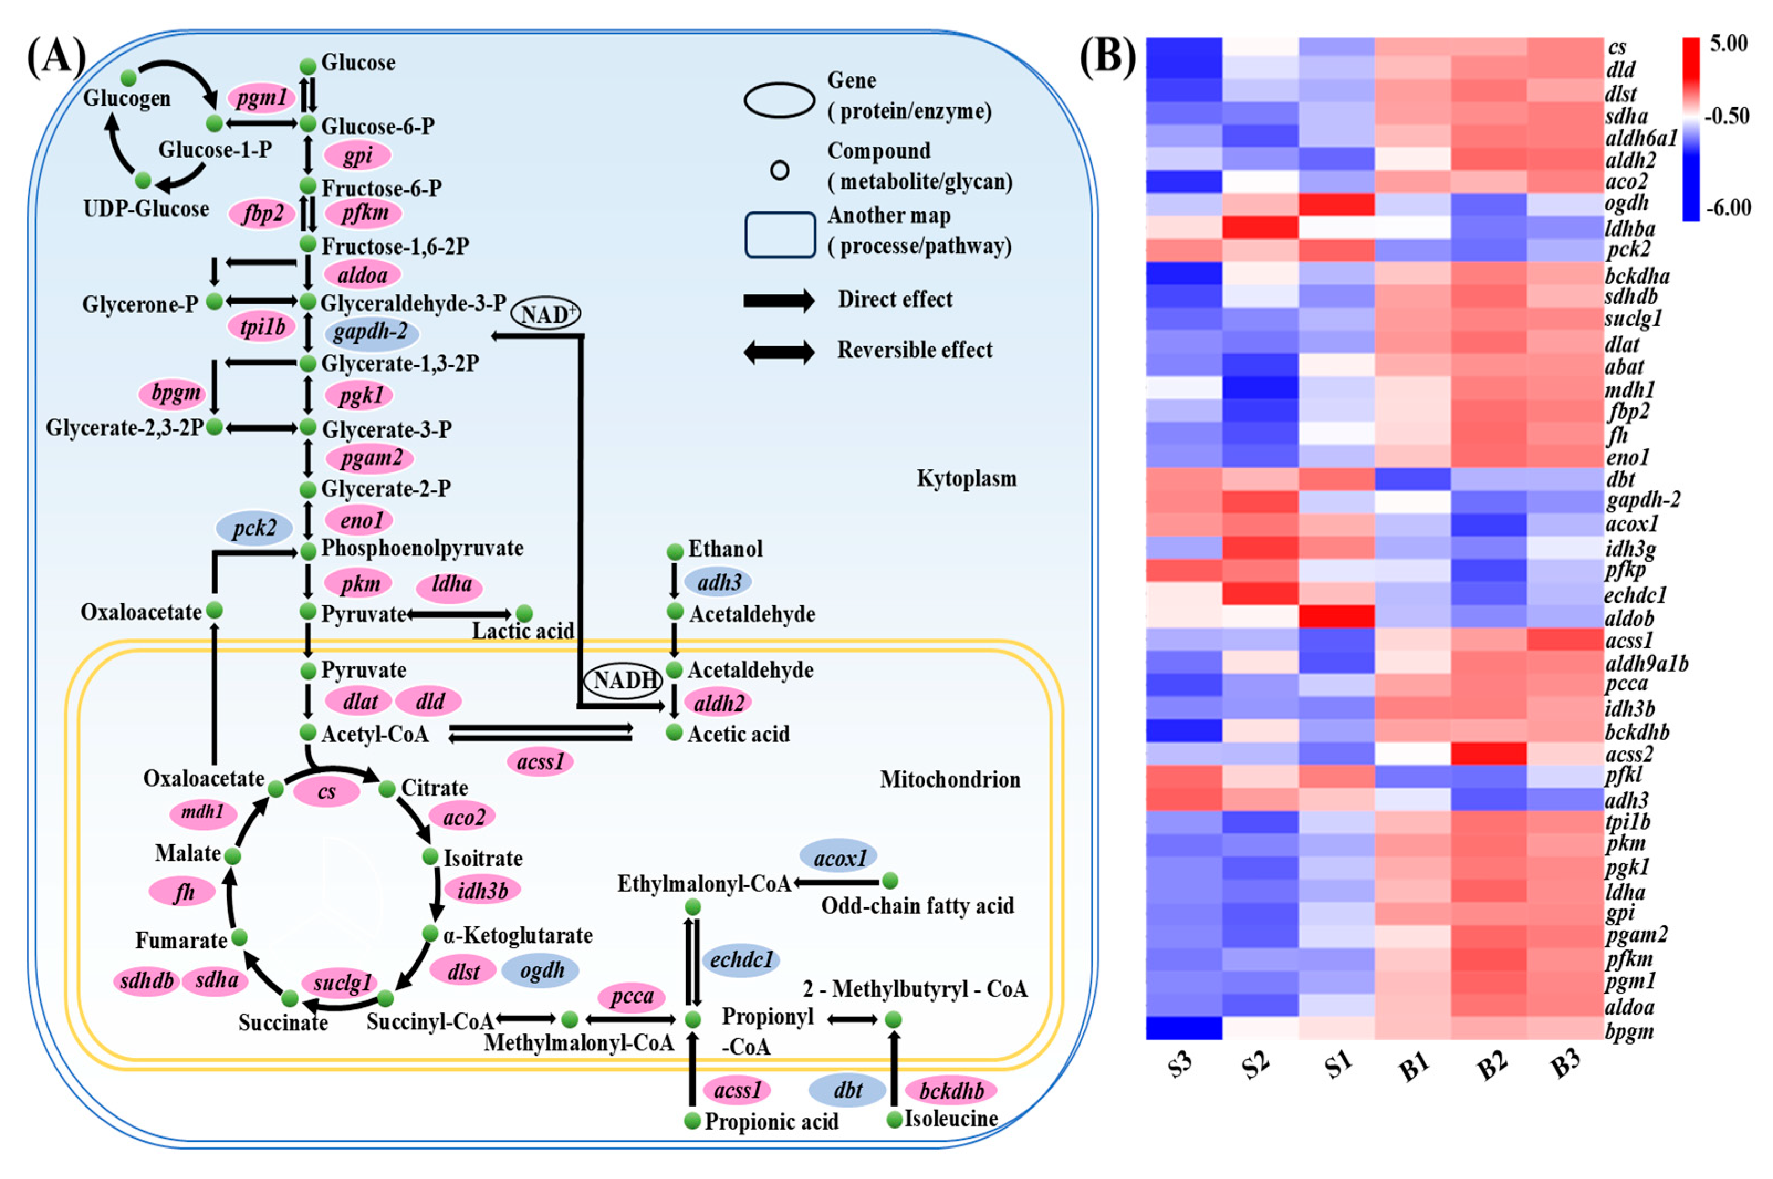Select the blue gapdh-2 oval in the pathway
tap(371, 333)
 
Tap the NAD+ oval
tap(545, 314)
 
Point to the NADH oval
tap(622, 681)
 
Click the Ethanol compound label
tap(724, 549)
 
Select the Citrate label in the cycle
tap(435, 787)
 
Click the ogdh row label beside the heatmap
tap(1626, 203)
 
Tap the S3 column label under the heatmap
tap(1181, 1066)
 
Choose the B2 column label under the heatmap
tap(1490, 1066)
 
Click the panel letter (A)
tap(56, 57)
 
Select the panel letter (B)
tap(1107, 57)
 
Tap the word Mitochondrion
tap(950, 779)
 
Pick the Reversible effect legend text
tap(915, 350)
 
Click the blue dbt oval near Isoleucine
tap(847, 1090)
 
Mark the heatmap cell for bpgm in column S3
tap(1184, 1028)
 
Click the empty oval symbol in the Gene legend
tap(779, 100)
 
